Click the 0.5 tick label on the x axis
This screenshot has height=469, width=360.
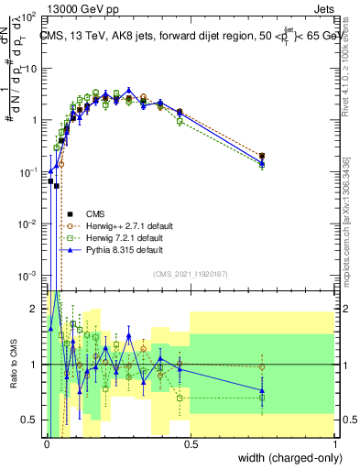click(190, 447)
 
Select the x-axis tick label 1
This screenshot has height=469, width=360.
click(334, 447)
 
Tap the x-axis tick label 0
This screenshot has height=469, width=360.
click(46, 447)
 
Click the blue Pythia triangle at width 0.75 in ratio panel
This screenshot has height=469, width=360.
click(262, 390)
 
